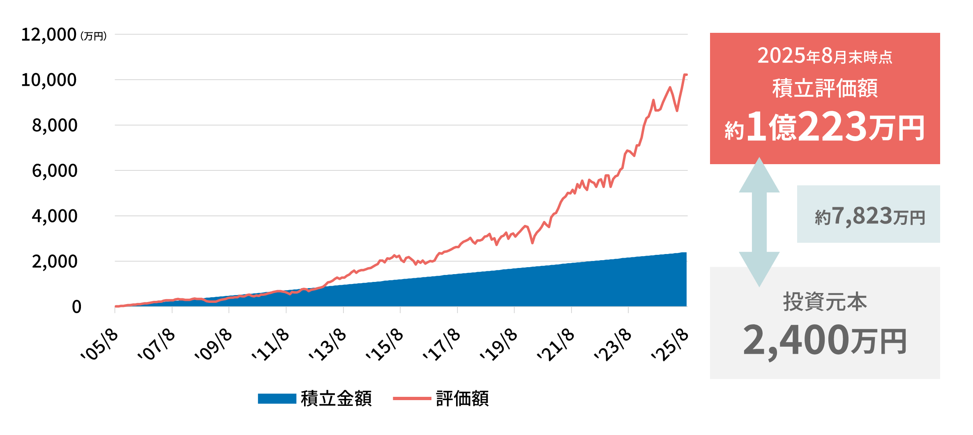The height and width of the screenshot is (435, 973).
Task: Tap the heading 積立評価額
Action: click(x=825, y=88)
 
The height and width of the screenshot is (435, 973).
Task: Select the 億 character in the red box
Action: click(x=782, y=127)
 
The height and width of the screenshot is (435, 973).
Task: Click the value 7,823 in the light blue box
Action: click(x=862, y=216)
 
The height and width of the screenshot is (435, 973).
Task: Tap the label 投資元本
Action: click(x=825, y=302)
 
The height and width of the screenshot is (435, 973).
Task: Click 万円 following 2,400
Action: click(x=878, y=342)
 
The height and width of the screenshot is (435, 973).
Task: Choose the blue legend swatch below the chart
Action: click(x=277, y=398)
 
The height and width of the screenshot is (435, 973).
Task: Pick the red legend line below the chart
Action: click(x=412, y=398)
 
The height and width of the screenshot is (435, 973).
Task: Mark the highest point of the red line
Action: click(x=685, y=74)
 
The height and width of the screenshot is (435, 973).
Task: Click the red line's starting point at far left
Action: click(x=115, y=306)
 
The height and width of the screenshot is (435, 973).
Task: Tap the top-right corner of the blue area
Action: click(x=686, y=253)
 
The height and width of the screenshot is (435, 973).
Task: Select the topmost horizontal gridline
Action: click(x=401, y=34)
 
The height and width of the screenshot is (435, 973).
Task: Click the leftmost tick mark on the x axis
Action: click(x=115, y=310)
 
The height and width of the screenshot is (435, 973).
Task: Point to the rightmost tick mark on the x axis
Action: click(x=628, y=310)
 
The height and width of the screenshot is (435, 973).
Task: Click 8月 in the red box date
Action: click(x=834, y=56)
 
